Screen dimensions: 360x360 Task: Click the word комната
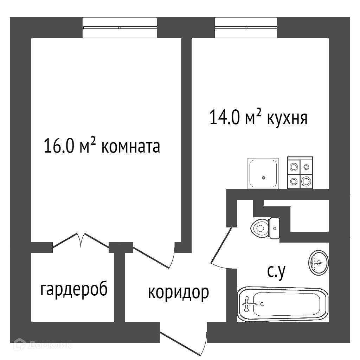tap(131, 147)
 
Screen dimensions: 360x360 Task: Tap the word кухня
tap(288, 118)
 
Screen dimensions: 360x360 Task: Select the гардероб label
tap(74, 290)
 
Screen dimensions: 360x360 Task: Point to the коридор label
tap(178, 292)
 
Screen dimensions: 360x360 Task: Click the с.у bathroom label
tap(276, 273)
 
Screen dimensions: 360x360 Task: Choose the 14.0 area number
tap(224, 117)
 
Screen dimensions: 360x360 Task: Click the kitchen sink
tap(263, 173)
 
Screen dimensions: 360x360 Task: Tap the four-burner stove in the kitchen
tap(300, 172)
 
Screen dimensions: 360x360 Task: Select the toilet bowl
tap(260, 228)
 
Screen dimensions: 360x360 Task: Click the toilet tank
tap(274, 228)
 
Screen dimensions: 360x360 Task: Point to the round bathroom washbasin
tap(319, 262)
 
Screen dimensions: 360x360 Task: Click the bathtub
tap(283, 304)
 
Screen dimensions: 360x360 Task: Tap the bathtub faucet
tap(247, 304)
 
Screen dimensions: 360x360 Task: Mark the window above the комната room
tap(120, 27)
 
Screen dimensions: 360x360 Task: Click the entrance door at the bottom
tap(183, 343)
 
